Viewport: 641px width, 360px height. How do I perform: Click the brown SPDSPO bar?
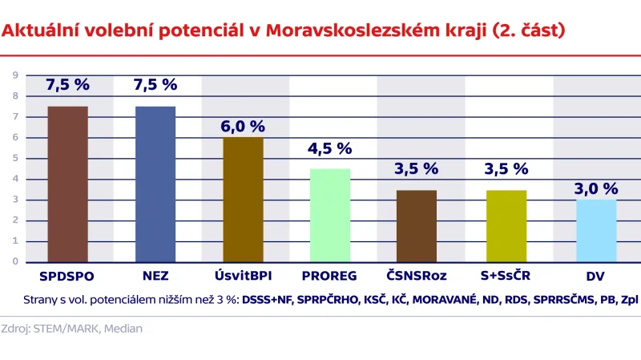(x=67, y=184)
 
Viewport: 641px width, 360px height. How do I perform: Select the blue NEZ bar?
(x=155, y=184)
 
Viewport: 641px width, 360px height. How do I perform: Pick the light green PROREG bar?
(x=329, y=215)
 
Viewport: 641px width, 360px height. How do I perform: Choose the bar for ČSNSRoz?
(x=417, y=225)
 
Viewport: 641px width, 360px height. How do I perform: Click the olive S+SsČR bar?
(x=506, y=225)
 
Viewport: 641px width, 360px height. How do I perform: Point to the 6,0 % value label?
(x=243, y=126)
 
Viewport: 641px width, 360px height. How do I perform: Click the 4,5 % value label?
(x=329, y=148)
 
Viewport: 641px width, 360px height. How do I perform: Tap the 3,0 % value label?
(x=595, y=188)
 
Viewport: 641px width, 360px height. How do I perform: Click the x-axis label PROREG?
(x=329, y=277)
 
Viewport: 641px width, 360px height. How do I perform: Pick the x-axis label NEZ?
(x=155, y=277)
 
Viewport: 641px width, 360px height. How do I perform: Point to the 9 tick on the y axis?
(x=14, y=75)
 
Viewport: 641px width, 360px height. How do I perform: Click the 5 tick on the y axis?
(x=14, y=158)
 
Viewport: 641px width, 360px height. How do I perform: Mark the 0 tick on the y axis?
(x=14, y=261)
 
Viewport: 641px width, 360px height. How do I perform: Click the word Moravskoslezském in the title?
(x=352, y=31)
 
